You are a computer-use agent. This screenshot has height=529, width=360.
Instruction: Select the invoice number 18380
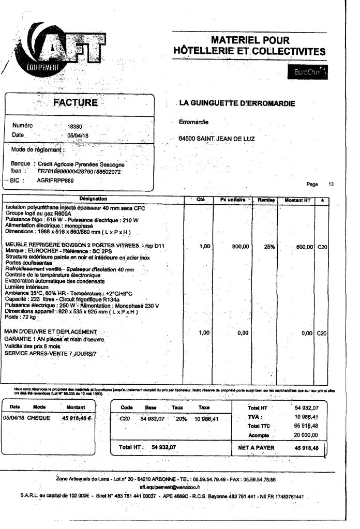coord(75,126)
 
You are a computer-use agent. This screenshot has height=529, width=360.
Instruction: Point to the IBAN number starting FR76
coord(79,171)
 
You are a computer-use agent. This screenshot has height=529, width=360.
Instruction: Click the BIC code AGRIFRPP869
coord(56,180)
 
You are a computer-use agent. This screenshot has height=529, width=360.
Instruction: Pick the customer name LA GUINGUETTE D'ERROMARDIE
coord(236,103)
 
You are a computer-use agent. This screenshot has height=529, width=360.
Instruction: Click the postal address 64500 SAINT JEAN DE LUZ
coord(216,139)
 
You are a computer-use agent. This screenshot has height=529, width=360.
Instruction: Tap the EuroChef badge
coord(307,72)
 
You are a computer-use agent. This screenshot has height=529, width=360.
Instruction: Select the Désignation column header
coord(93,199)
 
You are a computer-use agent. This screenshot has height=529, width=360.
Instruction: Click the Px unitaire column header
coord(232,199)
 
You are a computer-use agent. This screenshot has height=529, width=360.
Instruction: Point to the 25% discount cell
coord(269,247)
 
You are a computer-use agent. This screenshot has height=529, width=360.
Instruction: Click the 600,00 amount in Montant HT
coord(304,247)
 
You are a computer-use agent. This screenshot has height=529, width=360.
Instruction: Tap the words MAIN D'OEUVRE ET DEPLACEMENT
coord(51,331)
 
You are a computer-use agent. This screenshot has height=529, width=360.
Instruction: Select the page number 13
coord(331,184)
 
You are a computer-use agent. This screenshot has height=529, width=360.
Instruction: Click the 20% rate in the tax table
coord(181,418)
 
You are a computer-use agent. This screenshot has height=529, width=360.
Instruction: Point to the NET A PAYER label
coord(257,448)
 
